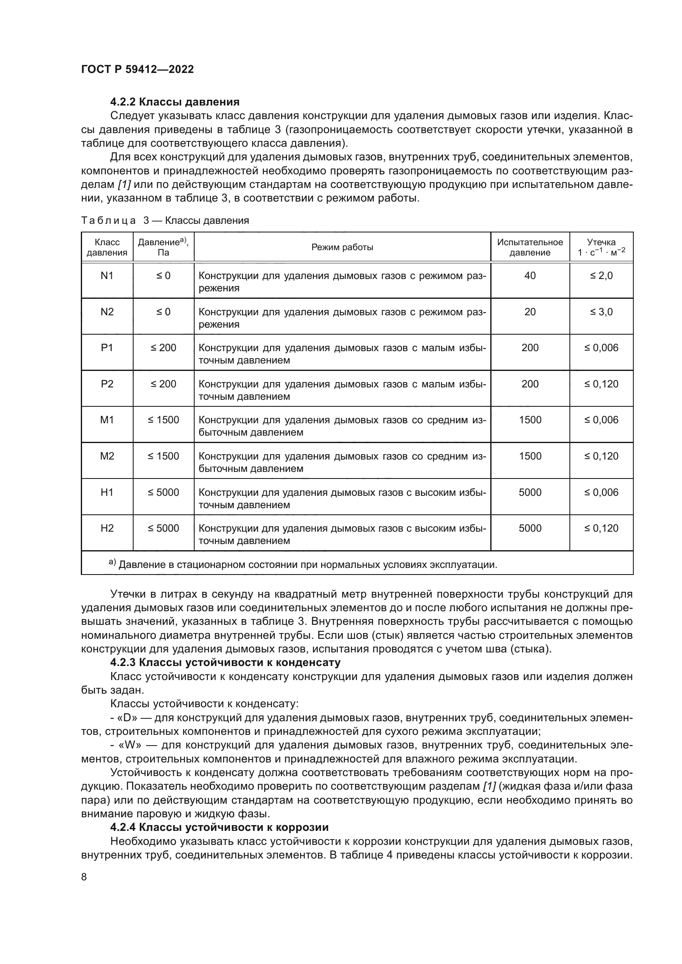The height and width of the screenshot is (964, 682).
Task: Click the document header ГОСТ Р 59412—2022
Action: pyautogui.click(x=137, y=69)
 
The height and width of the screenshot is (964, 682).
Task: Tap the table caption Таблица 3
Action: pyautogui.click(x=165, y=220)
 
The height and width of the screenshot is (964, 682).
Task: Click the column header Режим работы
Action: pyautogui.click(x=342, y=247)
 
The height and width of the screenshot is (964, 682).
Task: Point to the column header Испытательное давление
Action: pyautogui.click(x=529, y=247)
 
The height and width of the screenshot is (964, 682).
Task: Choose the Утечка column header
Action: pyautogui.click(x=601, y=247)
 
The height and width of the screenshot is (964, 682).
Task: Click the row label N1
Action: pyautogui.click(x=107, y=276)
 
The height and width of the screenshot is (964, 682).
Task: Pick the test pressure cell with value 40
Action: pyautogui.click(x=529, y=276)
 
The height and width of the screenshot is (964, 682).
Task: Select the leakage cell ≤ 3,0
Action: pyautogui.click(x=601, y=312)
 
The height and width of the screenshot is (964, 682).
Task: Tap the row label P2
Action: pyautogui.click(x=107, y=384)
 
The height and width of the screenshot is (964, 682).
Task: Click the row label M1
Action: pyautogui.click(x=107, y=420)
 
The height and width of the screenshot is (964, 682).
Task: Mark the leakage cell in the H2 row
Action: pyautogui.click(x=601, y=528)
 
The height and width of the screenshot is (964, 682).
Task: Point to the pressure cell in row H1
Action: pyautogui.click(x=163, y=493)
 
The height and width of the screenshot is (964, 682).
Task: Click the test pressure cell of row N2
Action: pyautogui.click(x=529, y=312)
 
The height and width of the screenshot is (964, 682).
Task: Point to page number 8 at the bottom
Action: pyautogui.click(x=84, y=877)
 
